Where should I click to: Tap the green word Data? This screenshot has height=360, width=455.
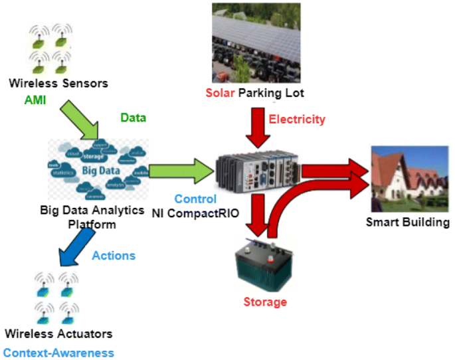point(134,118)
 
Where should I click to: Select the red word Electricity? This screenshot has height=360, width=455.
point(297,120)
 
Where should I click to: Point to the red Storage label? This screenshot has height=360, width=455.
point(264,302)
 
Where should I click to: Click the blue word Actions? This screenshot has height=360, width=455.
point(114,256)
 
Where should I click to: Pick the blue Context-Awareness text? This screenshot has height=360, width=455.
point(58,353)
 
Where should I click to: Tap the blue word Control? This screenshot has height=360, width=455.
point(195,199)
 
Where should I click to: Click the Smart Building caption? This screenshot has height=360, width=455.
point(407,222)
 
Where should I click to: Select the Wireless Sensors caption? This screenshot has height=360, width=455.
point(58,83)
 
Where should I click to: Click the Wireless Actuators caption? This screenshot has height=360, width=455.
point(58,333)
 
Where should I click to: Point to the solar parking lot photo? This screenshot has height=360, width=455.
point(255,43)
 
